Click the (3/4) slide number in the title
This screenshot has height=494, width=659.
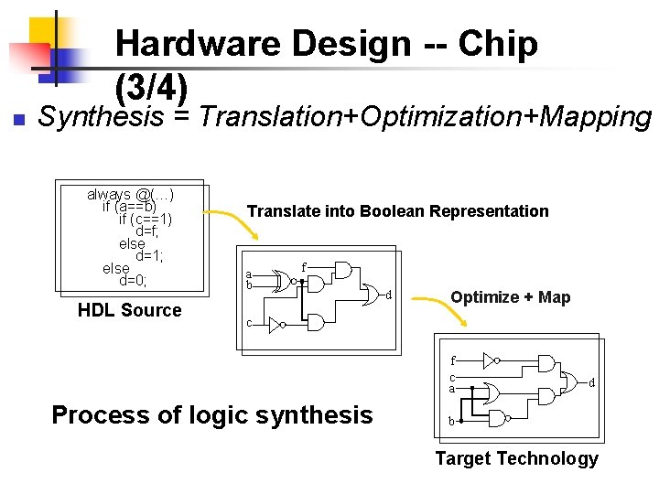[x=152, y=87]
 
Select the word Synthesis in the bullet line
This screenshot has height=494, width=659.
[x=101, y=117]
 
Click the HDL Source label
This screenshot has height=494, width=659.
[x=129, y=310]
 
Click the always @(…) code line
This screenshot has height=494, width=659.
[x=131, y=194]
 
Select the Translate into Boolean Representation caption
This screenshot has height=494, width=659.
[x=398, y=211]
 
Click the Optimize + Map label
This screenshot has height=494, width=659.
[x=510, y=296]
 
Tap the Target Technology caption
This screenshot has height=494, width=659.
[x=516, y=458]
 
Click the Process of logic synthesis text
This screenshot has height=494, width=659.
[x=212, y=414]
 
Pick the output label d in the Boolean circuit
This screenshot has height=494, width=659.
[x=389, y=295]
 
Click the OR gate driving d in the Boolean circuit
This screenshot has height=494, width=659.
[x=370, y=293]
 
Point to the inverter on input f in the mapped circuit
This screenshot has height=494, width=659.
[x=490, y=360]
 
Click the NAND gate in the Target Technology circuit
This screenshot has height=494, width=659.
[x=500, y=419]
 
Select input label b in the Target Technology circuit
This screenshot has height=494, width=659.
[x=450, y=422]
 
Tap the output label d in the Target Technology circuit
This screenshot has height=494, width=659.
[x=590, y=382]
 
